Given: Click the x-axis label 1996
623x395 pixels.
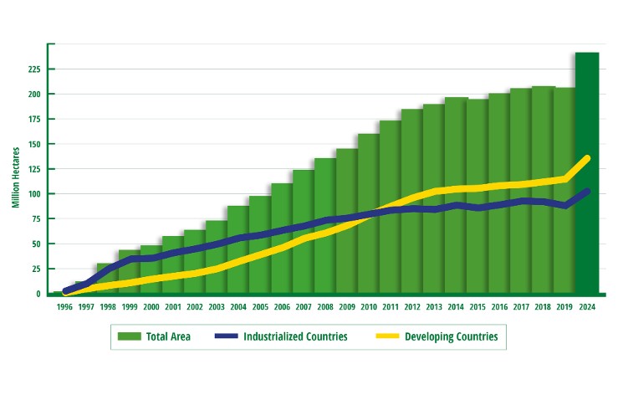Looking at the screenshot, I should click(64, 306).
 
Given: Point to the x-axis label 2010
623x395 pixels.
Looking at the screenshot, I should click(369, 306).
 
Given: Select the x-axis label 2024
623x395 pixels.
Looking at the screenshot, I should click(587, 306).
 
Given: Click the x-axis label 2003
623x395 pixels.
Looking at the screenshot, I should click(217, 306).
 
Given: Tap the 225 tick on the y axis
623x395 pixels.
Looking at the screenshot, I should click(33, 69).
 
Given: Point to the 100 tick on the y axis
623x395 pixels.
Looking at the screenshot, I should click(33, 194).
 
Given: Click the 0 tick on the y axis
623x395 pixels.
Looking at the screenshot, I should click(38, 294).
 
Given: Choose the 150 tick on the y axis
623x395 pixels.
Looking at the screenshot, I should click(33, 144).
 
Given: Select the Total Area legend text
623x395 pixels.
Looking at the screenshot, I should click(168, 336).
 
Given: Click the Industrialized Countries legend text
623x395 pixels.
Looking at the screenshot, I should click(296, 336).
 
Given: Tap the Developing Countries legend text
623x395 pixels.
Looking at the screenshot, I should click(451, 336).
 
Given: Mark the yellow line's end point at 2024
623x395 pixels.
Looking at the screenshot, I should click(587, 157).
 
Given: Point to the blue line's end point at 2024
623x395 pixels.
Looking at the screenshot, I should click(587, 192).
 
